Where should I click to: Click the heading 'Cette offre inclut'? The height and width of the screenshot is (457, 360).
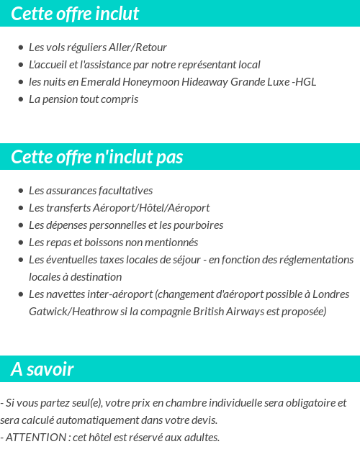click(x=75, y=14)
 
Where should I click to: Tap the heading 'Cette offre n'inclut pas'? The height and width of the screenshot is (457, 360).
click(x=97, y=157)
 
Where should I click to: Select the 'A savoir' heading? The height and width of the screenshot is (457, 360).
click(x=42, y=369)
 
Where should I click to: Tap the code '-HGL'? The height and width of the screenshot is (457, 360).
click(x=304, y=82)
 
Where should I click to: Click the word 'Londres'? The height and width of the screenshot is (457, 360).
click(x=332, y=294)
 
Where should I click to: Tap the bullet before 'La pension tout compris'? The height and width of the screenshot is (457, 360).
click(x=20, y=100)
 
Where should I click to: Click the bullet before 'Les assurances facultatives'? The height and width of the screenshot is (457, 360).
click(x=20, y=191)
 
